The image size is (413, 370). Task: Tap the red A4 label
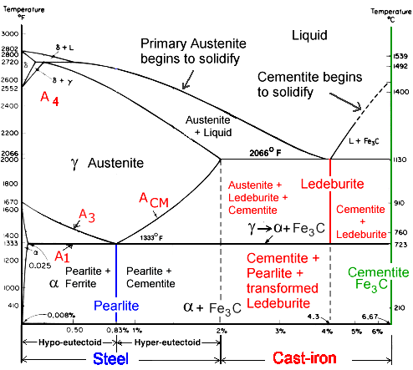coord(50,98)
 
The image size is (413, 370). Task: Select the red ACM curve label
coord(154,200)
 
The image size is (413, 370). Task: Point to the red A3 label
coord(87,216)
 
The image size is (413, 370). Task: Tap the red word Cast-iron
coord(308,357)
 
